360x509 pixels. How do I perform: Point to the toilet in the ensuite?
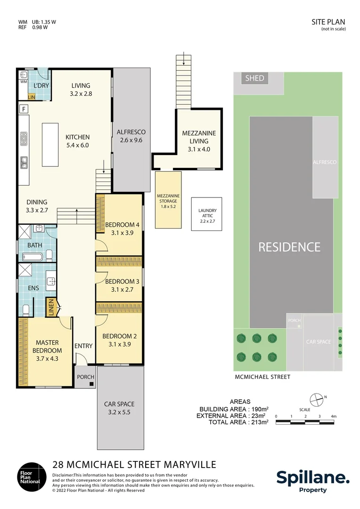pos(26,310)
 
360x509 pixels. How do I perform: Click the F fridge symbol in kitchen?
pos(23,109)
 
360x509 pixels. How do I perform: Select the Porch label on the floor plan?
pos(85,377)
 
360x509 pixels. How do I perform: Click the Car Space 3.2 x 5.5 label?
pos(119,408)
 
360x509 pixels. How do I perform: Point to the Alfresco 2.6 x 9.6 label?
pos(131,136)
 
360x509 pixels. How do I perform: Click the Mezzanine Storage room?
pos(168,200)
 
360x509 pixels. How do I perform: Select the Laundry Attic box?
pos(206,214)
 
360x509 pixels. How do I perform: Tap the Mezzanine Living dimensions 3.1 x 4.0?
pos(199,150)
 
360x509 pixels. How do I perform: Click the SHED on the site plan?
pos(255,78)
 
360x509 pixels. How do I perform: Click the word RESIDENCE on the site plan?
pos(289,247)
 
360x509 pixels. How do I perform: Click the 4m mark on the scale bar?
pos(333,416)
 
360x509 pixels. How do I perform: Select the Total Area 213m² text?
pos(238,422)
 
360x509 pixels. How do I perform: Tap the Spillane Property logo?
pos(312,481)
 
